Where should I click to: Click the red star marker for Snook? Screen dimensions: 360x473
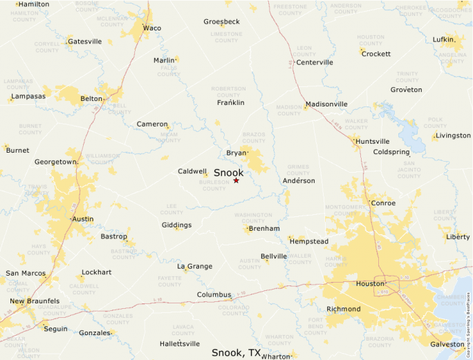tap(236, 180)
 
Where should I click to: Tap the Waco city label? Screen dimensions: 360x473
tap(151, 28)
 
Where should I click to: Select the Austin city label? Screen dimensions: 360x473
tap(83, 219)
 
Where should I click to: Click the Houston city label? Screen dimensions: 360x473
tap(369, 283)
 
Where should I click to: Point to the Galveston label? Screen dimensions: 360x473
tap(447, 344)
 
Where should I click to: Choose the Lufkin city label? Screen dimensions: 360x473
tap(443, 39)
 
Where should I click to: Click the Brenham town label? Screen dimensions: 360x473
tap(264, 229)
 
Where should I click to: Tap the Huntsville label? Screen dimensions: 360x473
tap(372, 141)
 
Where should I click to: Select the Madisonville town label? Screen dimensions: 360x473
tap(326, 104)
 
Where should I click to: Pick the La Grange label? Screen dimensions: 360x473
tap(194, 266)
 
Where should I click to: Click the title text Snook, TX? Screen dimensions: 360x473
tap(236, 352)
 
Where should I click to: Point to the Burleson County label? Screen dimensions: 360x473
tap(214, 185)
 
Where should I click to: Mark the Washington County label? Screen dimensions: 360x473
tap(254, 218)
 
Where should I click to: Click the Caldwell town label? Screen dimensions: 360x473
tap(192, 171)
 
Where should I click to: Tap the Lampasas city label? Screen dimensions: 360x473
tap(28, 96)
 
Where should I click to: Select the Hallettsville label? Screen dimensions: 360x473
tap(179, 343)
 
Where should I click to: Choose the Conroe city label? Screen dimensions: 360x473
tap(383, 203)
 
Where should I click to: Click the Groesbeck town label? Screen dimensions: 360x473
tap(221, 21)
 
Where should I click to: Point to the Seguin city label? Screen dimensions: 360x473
tap(55, 329)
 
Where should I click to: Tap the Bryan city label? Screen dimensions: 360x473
tap(236, 153)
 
